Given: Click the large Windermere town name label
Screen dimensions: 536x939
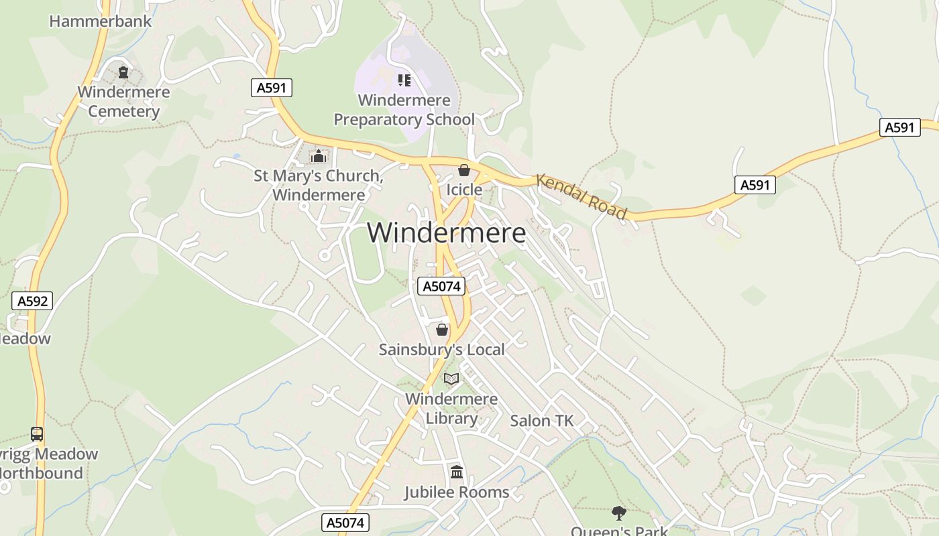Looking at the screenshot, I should [446, 233].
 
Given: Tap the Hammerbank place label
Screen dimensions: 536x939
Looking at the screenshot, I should [101, 21].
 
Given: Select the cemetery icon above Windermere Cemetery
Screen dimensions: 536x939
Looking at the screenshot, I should [123, 72].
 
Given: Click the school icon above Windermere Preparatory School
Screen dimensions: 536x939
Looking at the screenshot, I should [404, 80].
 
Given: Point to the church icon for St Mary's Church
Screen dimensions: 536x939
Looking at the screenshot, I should [318, 157].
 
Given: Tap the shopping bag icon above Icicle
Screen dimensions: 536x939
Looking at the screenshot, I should [463, 170].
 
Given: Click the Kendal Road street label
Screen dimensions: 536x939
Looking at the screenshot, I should [582, 197].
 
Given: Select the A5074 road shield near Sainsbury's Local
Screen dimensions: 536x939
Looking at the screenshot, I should [441, 286].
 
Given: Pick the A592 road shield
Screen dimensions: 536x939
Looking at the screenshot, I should [32, 301].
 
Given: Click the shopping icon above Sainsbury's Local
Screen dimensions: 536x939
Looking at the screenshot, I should [441, 330].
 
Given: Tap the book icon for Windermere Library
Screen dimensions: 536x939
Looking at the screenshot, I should [451, 379].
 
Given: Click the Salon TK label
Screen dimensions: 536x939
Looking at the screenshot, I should [542, 421].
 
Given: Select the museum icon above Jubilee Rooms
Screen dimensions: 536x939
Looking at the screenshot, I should [457, 472].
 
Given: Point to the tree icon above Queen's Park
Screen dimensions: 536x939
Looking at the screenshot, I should [618, 513].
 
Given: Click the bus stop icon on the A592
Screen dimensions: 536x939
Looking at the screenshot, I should [37, 434].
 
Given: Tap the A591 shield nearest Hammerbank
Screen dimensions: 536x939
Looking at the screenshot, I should [272, 88].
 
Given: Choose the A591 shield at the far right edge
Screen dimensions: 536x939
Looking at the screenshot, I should [899, 127].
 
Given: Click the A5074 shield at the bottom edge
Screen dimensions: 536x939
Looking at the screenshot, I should [345, 523].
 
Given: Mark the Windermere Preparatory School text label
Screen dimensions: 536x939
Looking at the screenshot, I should [404, 110].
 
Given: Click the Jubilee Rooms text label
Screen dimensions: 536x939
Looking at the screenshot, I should [456, 492].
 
